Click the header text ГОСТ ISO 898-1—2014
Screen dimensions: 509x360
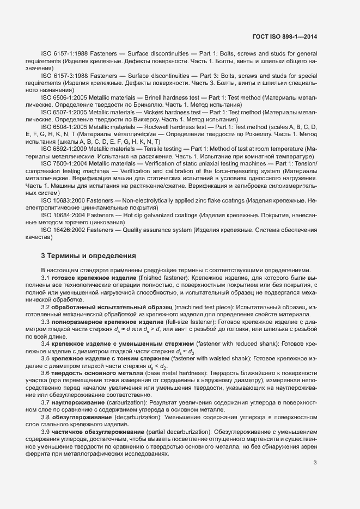[285, 37]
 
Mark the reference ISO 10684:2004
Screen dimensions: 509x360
[62, 216]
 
